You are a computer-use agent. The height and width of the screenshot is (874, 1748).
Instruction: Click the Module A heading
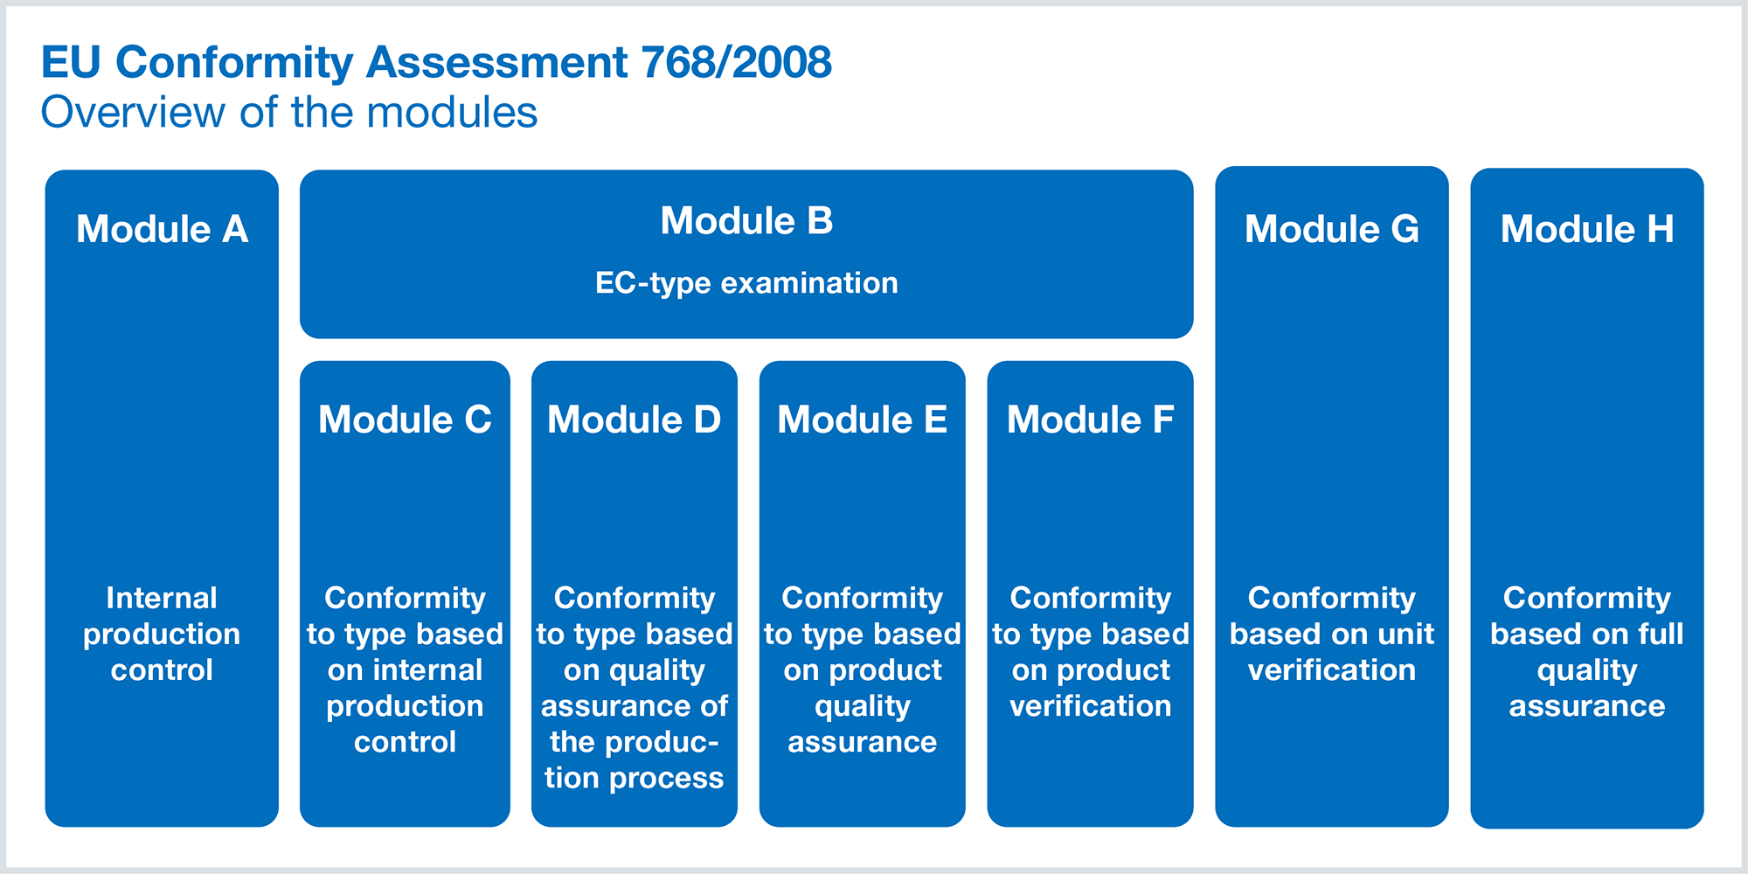(162, 229)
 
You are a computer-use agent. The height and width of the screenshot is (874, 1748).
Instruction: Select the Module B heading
(746, 220)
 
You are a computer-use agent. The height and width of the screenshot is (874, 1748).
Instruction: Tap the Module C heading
(405, 420)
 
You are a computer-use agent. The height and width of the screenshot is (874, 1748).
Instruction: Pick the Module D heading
(634, 420)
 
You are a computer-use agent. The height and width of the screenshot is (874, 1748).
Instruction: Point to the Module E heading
(863, 420)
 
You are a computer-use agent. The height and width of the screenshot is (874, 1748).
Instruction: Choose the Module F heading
(1090, 420)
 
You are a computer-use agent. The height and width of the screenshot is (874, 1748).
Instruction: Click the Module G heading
(1331, 229)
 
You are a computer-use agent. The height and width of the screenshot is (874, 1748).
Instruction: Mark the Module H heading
(1587, 229)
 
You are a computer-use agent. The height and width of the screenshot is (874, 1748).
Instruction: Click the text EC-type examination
(746, 283)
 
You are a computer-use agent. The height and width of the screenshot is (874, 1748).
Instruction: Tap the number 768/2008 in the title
(736, 62)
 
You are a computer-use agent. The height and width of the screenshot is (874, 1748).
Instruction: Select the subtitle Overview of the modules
(289, 113)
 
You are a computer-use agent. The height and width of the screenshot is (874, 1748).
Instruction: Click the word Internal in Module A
(162, 598)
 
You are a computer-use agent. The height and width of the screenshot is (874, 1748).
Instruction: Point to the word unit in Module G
(1406, 634)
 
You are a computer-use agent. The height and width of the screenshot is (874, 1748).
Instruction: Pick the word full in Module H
(1658, 634)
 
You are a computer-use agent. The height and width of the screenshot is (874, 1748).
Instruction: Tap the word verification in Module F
(1090, 705)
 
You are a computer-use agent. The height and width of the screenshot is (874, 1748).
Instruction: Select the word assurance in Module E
(863, 742)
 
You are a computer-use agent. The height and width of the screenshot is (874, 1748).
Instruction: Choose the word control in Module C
(405, 742)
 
